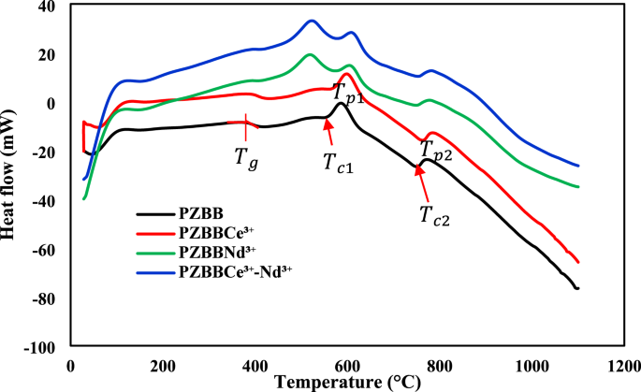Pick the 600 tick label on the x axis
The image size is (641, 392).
tap(346, 365)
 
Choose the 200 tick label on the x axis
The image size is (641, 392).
tap(163, 365)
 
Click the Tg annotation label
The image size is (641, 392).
tap(244, 155)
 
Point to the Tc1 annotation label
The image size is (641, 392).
tap(339, 163)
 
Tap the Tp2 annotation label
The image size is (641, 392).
tap(436, 151)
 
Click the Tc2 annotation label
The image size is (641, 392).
tap(434, 218)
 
